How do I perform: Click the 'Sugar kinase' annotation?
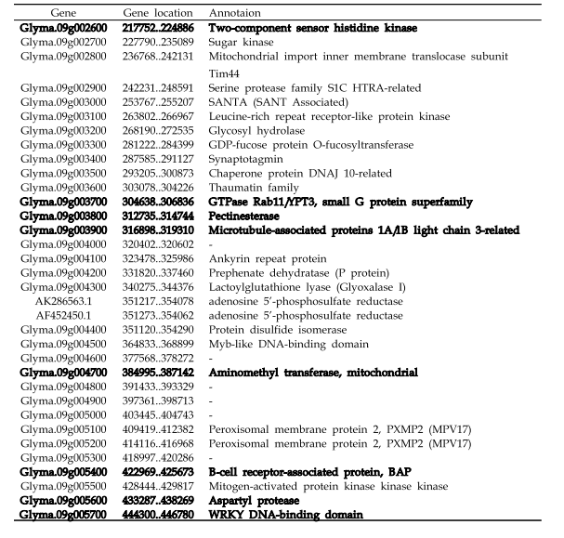tap(239, 43)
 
